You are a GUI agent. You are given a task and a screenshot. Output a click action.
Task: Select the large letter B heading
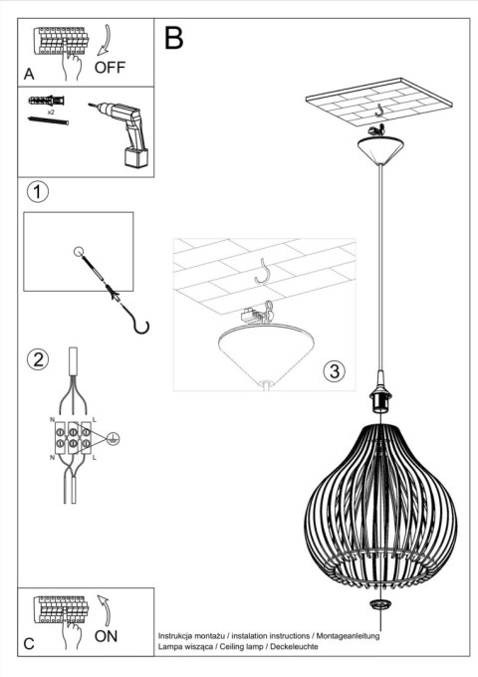coord(174,39)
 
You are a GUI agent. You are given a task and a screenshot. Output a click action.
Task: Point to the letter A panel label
coord(29,74)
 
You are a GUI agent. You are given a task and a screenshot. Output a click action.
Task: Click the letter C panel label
coord(29,643)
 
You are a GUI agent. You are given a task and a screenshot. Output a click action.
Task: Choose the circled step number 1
coord(37,191)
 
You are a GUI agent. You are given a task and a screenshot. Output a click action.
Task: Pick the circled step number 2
coord(37,359)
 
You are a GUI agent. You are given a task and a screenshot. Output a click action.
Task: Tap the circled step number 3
coord(335,371)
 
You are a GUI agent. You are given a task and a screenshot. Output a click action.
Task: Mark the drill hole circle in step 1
coord(79,252)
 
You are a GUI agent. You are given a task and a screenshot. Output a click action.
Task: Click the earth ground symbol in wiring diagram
coord(114,436)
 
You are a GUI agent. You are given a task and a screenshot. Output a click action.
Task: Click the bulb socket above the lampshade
coord(378,398)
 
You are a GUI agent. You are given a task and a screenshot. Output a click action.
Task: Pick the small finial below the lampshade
coord(378,604)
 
